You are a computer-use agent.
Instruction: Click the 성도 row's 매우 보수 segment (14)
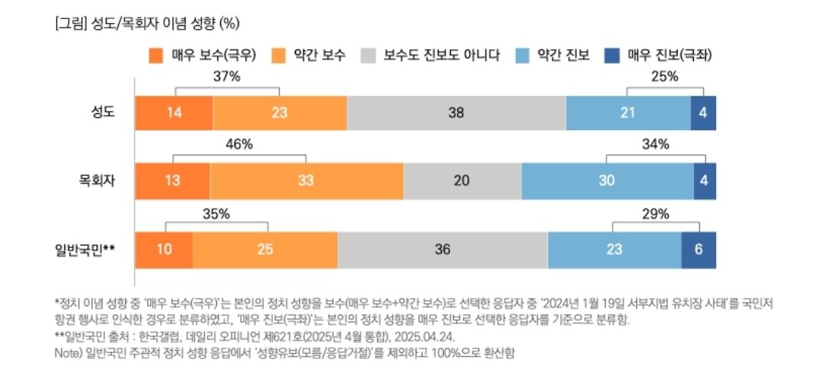(x=174, y=113)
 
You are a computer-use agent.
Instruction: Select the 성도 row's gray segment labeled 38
(x=456, y=113)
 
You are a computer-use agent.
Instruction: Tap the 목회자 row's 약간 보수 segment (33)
(x=307, y=181)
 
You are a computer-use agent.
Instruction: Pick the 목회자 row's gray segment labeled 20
(x=462, y=181)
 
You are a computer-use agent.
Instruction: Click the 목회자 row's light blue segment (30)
(x=607, y=181)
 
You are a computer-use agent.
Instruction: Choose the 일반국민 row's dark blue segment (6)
(x=699, y=250)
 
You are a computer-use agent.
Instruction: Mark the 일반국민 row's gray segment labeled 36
(x=442, y=250)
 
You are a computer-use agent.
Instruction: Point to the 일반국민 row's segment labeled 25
(x=265, y=250)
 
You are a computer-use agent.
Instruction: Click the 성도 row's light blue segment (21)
(x=628, y=113)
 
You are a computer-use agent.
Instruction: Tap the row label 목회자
(x=97, y=181)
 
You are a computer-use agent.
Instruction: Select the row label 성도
(x=103, y=113)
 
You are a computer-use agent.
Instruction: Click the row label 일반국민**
(x=86, y=250)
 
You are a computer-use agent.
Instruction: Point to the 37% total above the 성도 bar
(x=228, y=76)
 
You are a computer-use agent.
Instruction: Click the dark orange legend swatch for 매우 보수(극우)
(x=156, y=55)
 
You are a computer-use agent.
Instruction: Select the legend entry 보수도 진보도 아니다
(x=441, y=55)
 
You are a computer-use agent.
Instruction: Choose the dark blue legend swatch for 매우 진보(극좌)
(x=612, y=55)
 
